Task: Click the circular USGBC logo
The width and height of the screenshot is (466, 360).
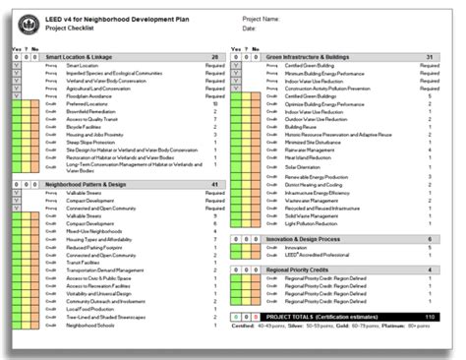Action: coord(25,22)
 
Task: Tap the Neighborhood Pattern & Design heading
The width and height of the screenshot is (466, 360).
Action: coord(87,184)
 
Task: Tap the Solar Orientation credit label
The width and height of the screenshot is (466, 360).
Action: coord(302,166)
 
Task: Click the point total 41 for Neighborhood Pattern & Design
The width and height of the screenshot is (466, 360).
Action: coord(214,184)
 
